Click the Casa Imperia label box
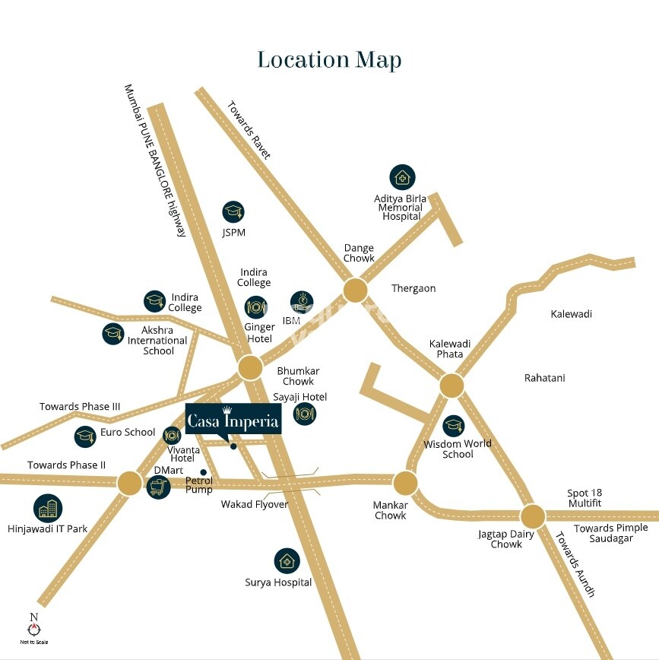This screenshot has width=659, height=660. (x=233, y=419)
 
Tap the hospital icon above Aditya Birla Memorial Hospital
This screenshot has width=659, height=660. (x=403, y=178)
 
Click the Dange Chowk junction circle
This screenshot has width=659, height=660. (x=355, y=290)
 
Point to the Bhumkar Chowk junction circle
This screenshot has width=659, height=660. (x=250, y=368)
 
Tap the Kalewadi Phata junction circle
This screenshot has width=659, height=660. (x=451, y=386)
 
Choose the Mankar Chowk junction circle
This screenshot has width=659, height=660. (x=405, y=482)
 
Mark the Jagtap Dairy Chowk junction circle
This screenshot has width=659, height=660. (x=532, y=516)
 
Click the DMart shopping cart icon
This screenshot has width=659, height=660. (x=158, y=487)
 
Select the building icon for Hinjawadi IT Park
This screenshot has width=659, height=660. (x=48, y=508)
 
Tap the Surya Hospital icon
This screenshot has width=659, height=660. (x=287, y=562)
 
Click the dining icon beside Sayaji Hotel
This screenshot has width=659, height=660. (x=305, y=414)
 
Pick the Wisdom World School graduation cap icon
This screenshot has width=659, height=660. (x=453, y=426)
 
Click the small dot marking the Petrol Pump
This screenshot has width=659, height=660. (x=203, y=472)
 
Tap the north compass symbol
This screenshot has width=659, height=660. (x=33, y=628)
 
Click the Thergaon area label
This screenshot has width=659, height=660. (x=413, y=288)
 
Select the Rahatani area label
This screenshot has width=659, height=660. (x=544, y=378)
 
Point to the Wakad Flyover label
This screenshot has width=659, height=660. (x=255, y=504)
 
